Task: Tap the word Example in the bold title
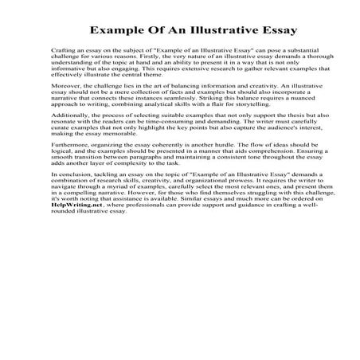116,33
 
